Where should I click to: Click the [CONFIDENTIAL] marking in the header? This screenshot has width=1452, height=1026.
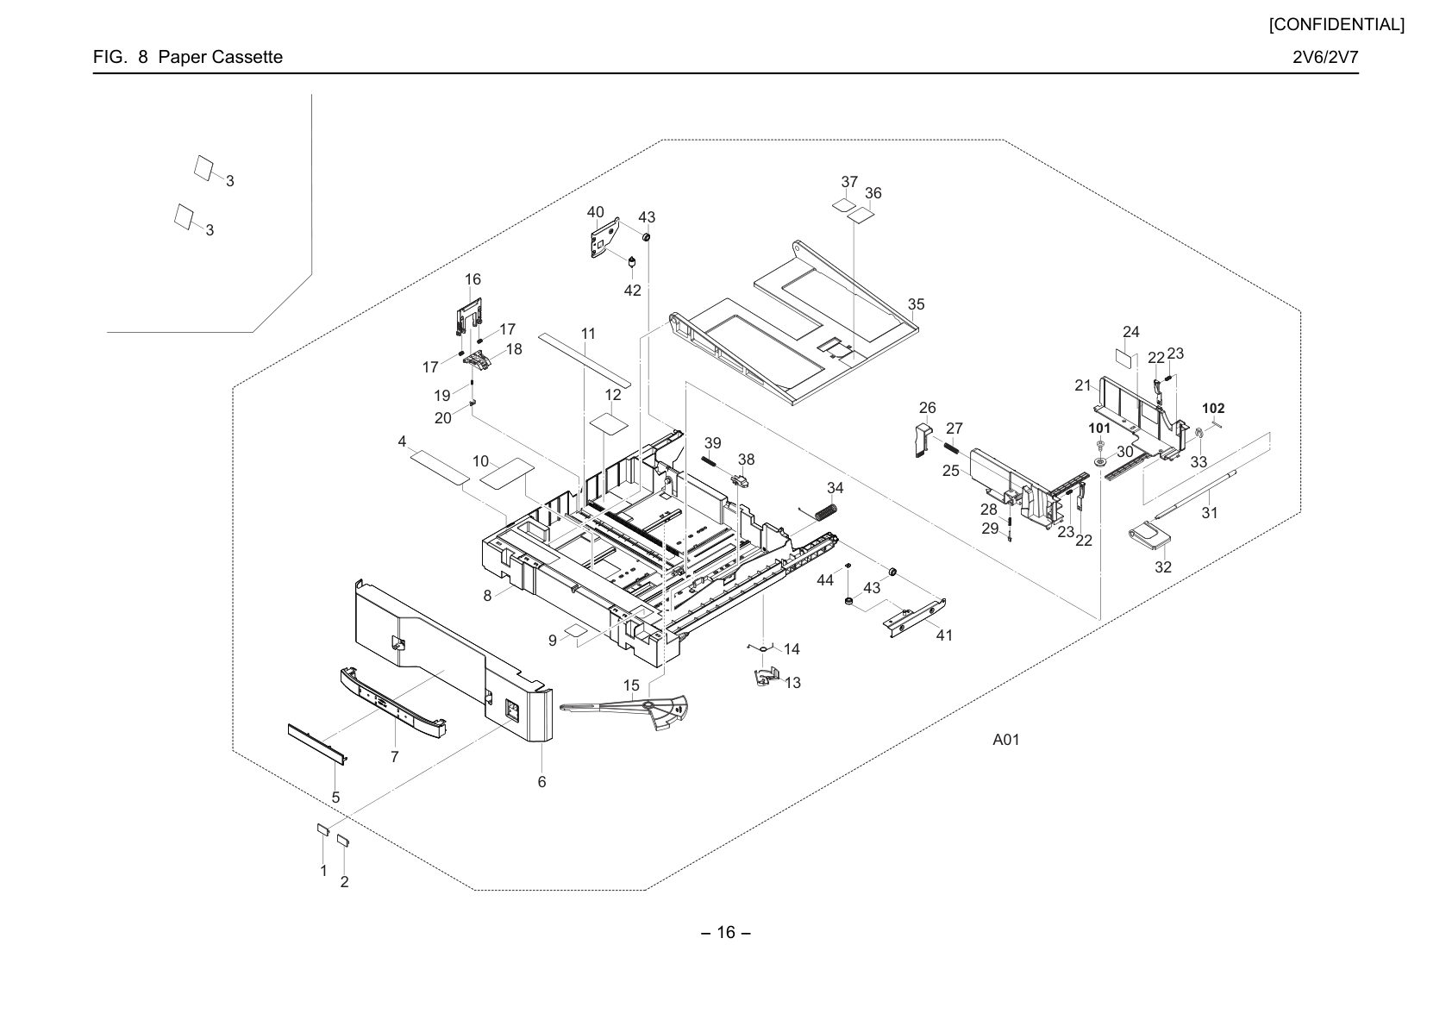point(1336,25)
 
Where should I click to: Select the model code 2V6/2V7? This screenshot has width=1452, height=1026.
point(1325,57)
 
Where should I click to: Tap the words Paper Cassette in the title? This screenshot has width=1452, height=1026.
point(221,57)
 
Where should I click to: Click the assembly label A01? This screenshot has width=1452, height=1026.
point(1006,740)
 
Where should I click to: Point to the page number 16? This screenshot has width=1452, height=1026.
point(726,932)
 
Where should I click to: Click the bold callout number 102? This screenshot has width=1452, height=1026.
point(1213,409)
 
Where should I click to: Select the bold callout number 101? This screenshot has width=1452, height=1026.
point(1099,428)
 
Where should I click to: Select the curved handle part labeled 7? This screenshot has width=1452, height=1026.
point(393,703)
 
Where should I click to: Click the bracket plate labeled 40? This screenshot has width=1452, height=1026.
point(604,239)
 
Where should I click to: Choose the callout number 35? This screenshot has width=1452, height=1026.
point(916,304)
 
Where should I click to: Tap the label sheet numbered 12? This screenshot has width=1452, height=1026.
point(610,424)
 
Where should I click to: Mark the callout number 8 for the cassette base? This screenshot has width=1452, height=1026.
point(487,596)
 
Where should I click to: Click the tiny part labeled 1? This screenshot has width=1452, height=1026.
point(323,829)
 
